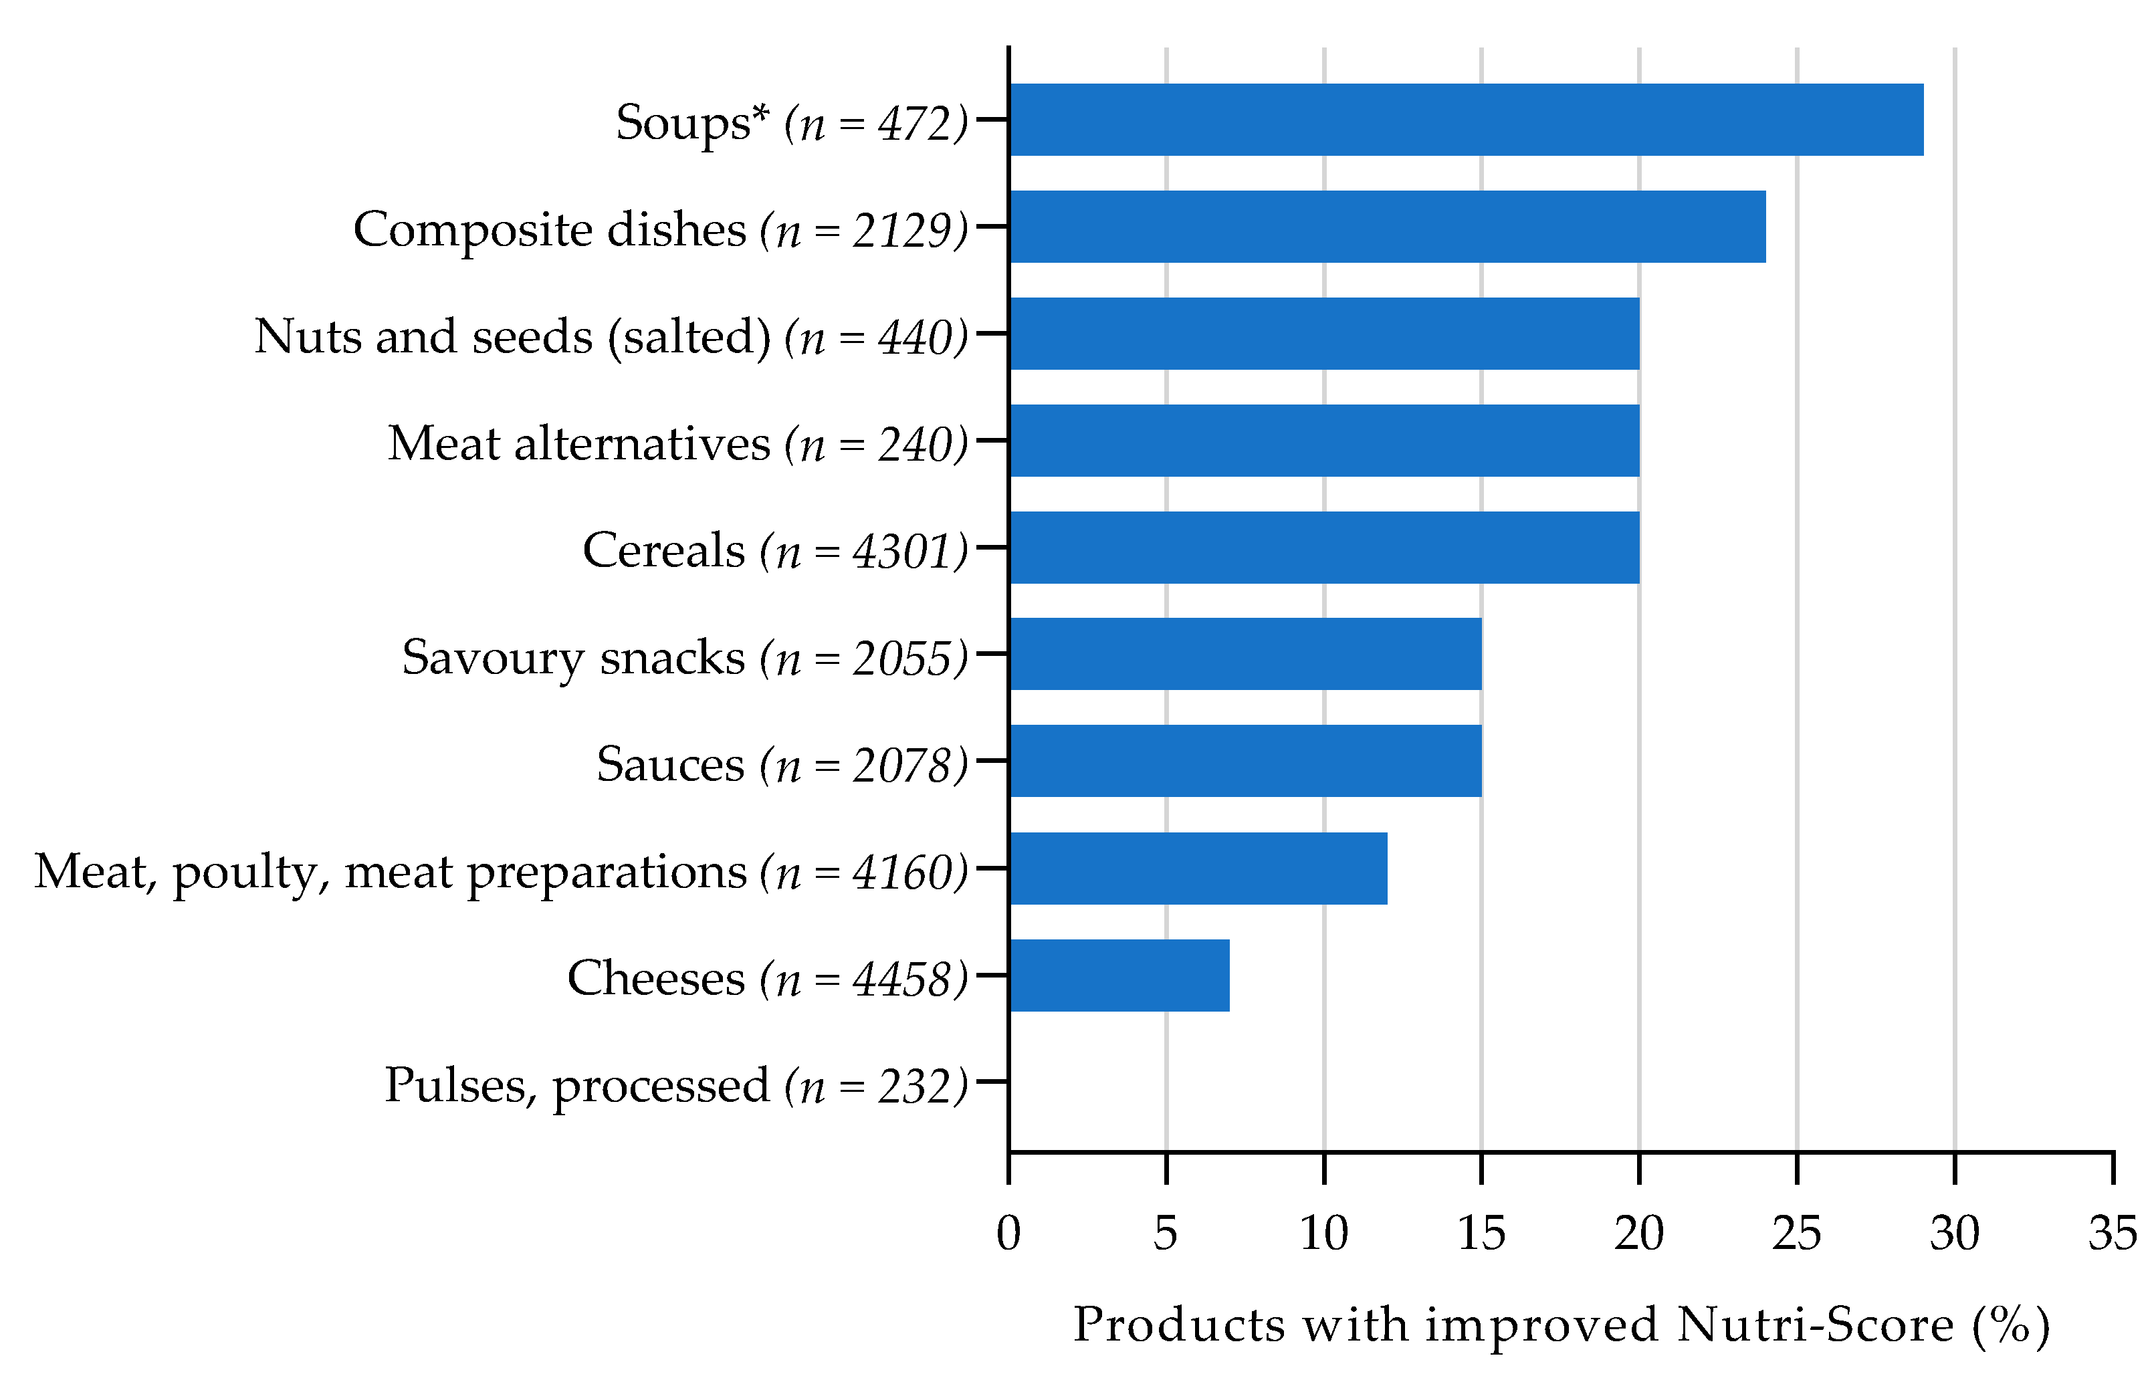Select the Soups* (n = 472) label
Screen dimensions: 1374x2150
(x=791, y=123)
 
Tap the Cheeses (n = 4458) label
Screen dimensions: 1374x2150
(x=767, y=978)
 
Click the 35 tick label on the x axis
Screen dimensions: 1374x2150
(x=2113, y=1234)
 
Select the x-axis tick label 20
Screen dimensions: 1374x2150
(x=1639, y=1234)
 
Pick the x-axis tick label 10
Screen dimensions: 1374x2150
(x=1324, y=1234)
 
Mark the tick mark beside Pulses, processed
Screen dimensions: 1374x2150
(x=992, y=1081)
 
